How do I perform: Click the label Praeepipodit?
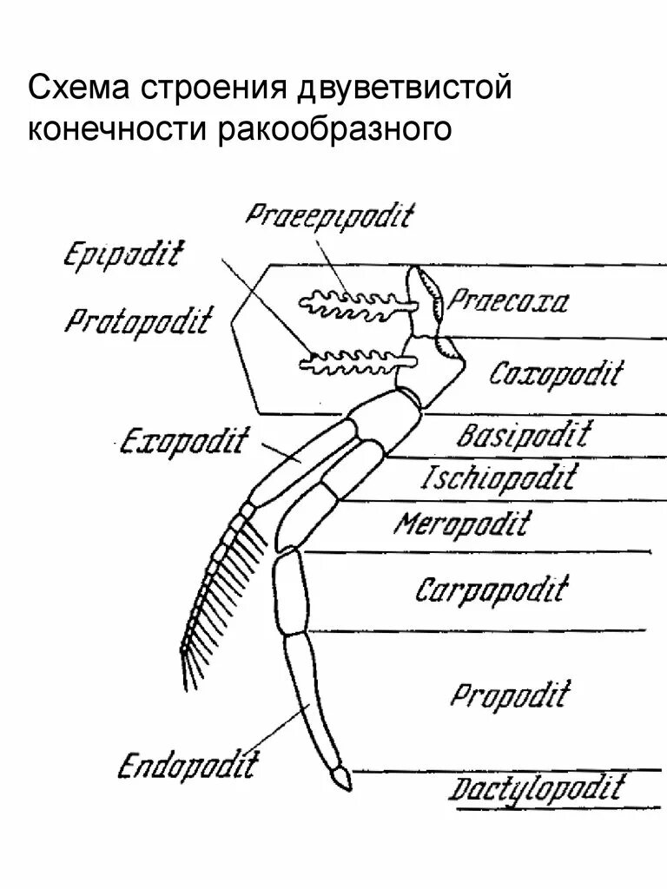pyautogui.click(x=328, y=216)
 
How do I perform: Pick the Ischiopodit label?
pyautogui.click(x=499, y=477)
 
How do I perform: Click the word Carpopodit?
pyautogui.click(x=492, y=591)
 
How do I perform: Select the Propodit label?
pyautogui.click(x=511, y=695)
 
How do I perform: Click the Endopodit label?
pyautogui.click(x=188, y=765)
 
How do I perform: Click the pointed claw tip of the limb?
pyautogui.click(x=344, y=779)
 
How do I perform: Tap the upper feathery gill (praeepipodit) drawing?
pyautogui.click(x=356, y=302)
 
